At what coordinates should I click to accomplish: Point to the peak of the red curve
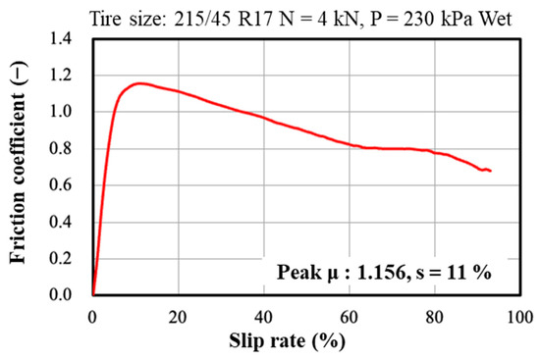(x=140, y=83)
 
